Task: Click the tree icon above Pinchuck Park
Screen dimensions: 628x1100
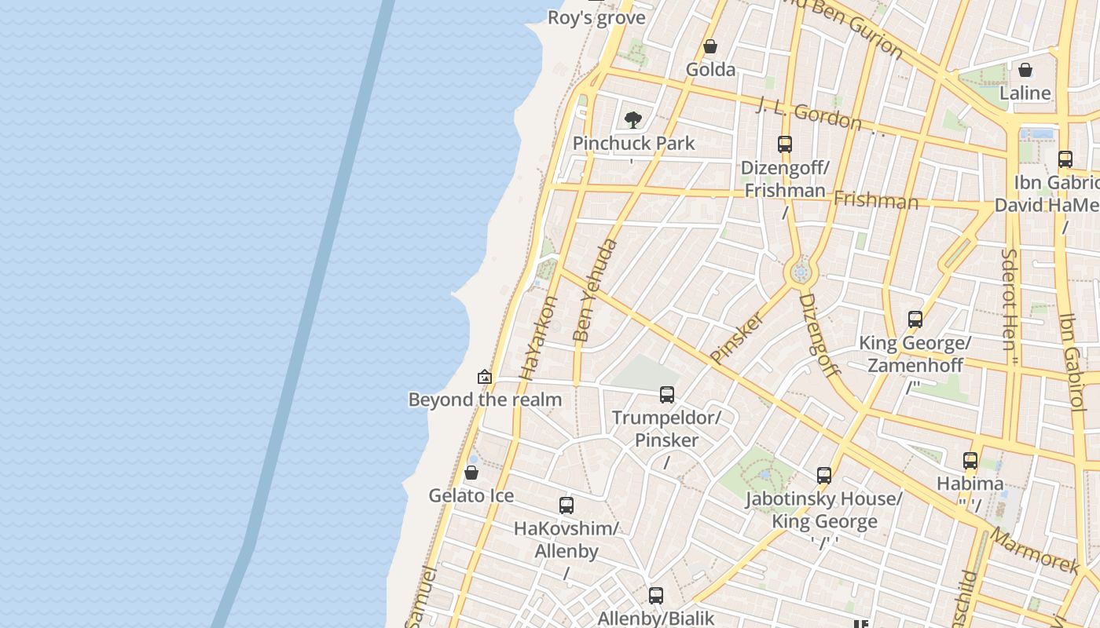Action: coord(633,120)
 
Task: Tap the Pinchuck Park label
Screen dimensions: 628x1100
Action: coord(633,143)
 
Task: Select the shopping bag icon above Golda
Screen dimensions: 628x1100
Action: coord(710,46)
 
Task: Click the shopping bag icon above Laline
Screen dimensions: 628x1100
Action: coord(1025,70)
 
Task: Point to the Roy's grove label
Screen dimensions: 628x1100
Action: coord(596,17)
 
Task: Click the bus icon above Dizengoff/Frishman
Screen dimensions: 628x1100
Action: coord(784,144)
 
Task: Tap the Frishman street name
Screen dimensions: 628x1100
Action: coord(875,201)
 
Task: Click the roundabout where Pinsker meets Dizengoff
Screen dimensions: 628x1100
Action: coord(801,272)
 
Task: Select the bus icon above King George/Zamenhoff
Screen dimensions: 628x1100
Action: coord(915,319)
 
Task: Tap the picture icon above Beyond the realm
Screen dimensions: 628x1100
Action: coord(485,377)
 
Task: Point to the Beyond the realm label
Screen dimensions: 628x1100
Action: coord(485,400)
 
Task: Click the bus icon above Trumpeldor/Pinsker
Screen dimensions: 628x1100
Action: coord(666,394)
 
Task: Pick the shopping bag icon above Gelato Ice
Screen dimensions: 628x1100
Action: coord(471,473)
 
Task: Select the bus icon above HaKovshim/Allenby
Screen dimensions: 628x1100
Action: coord(566,506)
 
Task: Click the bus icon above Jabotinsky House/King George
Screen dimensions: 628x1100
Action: coord(823,475)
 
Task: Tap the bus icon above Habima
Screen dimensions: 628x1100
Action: coord(970,461)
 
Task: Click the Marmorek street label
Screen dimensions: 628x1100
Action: coord(1035,549)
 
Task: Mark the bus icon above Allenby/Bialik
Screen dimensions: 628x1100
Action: coord(655,595)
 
